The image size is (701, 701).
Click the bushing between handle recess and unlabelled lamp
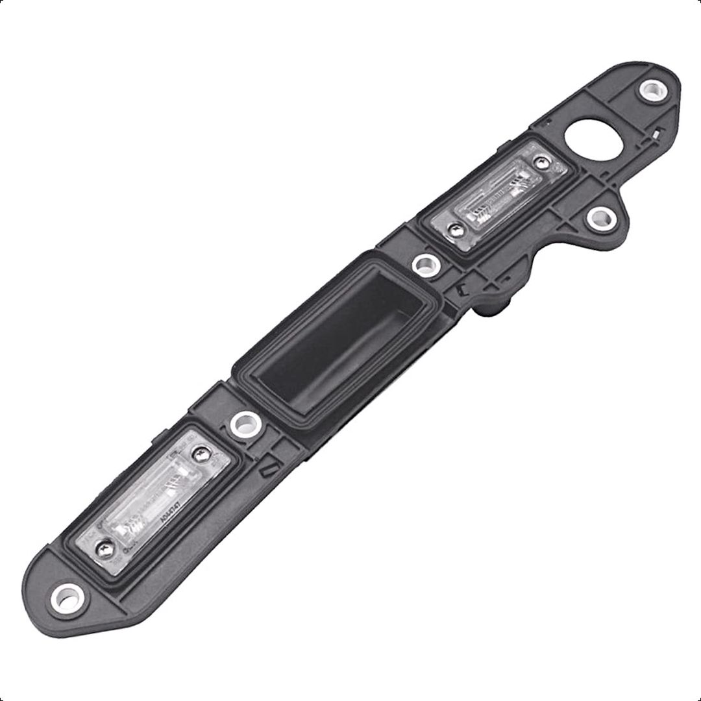(x=424, y=264)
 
